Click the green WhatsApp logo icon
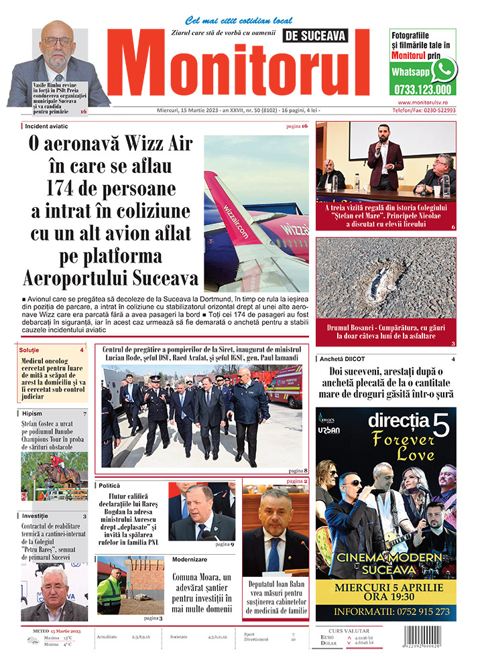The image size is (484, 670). click(x=443, y=69)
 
